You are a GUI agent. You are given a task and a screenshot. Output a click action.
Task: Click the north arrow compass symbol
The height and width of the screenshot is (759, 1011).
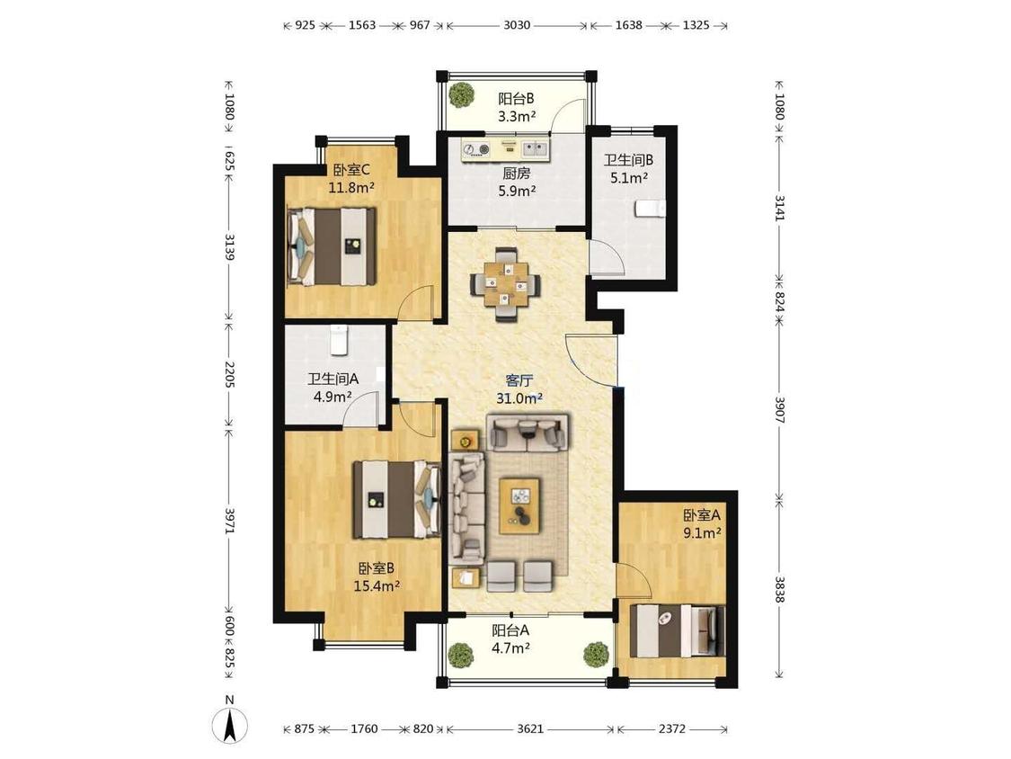pyautogui.click(x=229, y=725)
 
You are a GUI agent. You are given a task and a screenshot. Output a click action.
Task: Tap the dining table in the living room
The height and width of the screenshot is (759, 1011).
pyautogui.click(x=506, y=284)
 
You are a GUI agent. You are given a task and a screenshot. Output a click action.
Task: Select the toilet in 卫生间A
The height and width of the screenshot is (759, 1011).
pyautogui.click(x=339, y=340)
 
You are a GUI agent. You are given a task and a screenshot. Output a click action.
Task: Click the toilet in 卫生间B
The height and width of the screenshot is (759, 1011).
pyautogui.click(x=650, y=209)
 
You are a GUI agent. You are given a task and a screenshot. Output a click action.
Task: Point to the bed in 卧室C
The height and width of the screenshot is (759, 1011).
pyautogui.click(x=332, y=246)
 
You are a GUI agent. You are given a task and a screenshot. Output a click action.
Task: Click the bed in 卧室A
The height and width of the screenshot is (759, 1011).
pyautogui.click(x=677, y=630)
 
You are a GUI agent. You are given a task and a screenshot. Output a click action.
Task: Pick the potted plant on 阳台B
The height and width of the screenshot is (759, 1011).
pyautogui.click(x=462, y=95)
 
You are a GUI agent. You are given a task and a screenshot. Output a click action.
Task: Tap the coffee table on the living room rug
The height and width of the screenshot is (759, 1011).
pyautogui.click(x=519, y=505)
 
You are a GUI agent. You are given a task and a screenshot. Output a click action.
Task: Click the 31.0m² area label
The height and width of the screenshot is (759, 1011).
pyautogui.click(x=519, y=398)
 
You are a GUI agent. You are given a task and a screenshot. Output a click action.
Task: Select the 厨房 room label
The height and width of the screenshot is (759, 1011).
pyautogui.click(x=517, y=173)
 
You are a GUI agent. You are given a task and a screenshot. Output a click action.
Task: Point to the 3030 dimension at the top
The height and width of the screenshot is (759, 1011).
pyautogui.click(x=517, y=25)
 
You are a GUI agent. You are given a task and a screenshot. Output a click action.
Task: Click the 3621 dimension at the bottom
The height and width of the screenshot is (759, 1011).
pyautogui.click(x=530, y=728)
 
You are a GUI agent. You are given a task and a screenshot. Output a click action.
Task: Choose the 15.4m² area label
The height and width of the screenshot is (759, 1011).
pyautogui.click(x=377, y=586)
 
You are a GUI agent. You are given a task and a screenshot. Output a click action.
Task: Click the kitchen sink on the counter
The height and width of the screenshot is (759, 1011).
pyautogui.click(x=535, y=150)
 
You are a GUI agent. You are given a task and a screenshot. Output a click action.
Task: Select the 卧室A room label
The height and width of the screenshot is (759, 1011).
pyautogui.click(x=702, y=515)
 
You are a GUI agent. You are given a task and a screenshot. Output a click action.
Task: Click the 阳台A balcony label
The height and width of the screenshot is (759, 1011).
pyautogui.click(x=510, y=630)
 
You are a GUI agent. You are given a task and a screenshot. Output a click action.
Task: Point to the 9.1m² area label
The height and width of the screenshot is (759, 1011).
pyautogui.click(x=702, y=533)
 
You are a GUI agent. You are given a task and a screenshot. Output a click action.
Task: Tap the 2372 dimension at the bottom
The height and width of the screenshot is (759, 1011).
pyautogui.click(x=672, y=728)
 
